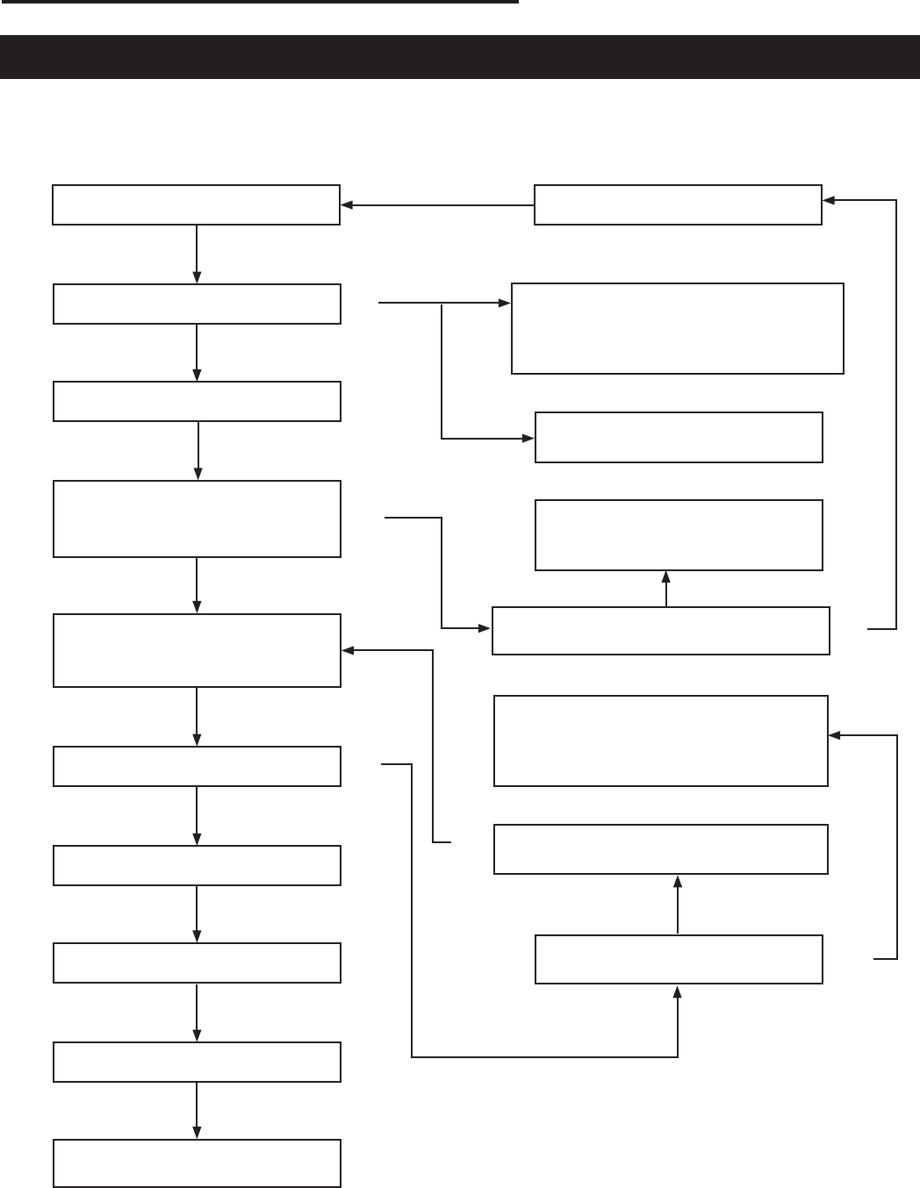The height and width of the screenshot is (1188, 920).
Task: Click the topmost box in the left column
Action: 196,204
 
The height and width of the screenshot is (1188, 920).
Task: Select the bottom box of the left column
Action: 197,1163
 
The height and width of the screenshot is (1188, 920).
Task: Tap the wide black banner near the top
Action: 460,57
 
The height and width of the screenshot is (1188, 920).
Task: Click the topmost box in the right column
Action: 678,204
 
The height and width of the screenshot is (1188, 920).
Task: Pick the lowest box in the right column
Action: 679,959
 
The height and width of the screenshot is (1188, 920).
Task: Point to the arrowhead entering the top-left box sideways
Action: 346,205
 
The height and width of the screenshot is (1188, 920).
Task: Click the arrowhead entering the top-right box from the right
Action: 829,200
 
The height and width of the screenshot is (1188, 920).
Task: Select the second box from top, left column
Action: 197,304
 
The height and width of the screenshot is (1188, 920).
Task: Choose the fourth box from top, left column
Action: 197,519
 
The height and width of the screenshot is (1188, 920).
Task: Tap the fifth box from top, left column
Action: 197,650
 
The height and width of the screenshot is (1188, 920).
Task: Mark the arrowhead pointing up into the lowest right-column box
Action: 678,991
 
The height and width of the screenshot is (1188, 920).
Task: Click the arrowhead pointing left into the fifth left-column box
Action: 348,651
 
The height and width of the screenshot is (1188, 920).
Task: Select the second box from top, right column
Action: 678,328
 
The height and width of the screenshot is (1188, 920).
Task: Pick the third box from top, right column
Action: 679,437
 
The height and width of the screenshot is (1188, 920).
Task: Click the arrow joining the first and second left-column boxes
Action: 197,254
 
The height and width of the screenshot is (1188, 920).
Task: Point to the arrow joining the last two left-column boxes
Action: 197,1110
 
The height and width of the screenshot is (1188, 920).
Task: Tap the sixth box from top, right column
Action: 661,741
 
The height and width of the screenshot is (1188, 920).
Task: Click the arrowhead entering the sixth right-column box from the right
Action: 835,735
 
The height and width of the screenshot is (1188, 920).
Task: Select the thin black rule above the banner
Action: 259,2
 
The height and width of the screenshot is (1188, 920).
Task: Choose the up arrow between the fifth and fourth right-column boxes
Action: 666,588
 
